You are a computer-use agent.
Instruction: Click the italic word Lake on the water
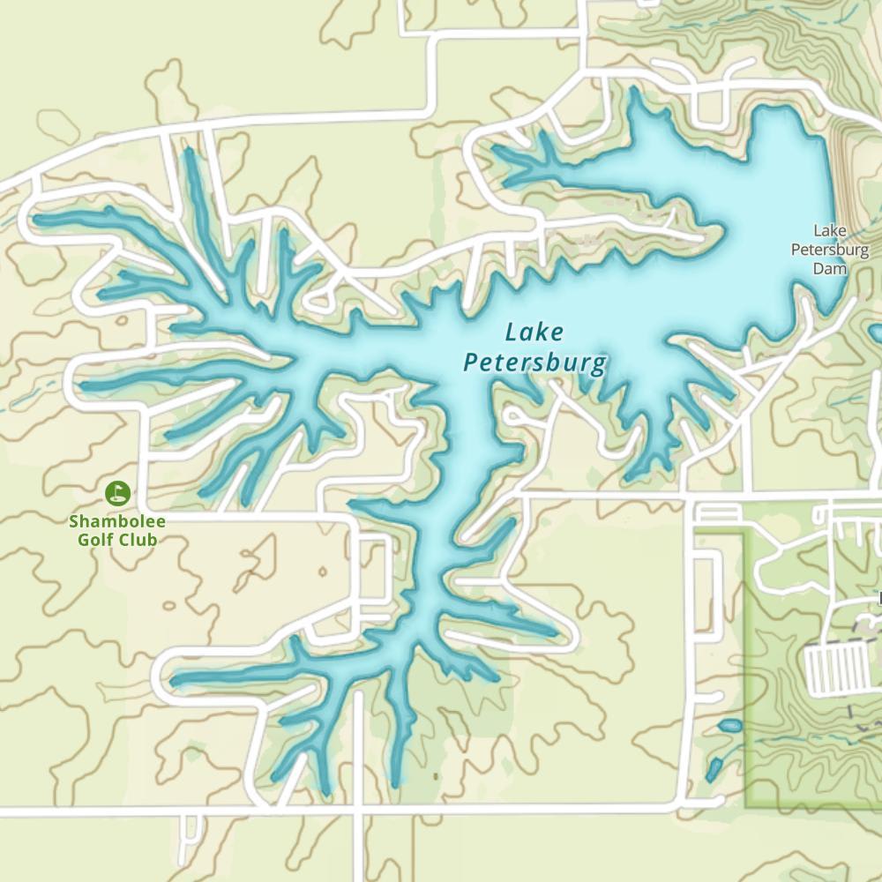click(534, 333)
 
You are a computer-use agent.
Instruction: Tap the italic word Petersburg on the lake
click(535, 363)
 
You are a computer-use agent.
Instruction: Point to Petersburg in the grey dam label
click(829, 250)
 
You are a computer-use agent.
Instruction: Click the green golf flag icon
click(117, 493)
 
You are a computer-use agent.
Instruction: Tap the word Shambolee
click(117, 521)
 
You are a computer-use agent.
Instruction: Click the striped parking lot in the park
click(834, 669)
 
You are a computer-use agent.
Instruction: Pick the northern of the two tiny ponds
click(729, 726)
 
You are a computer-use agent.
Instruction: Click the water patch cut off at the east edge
click(877, 333)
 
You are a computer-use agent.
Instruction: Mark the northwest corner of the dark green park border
click(747, 532)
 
